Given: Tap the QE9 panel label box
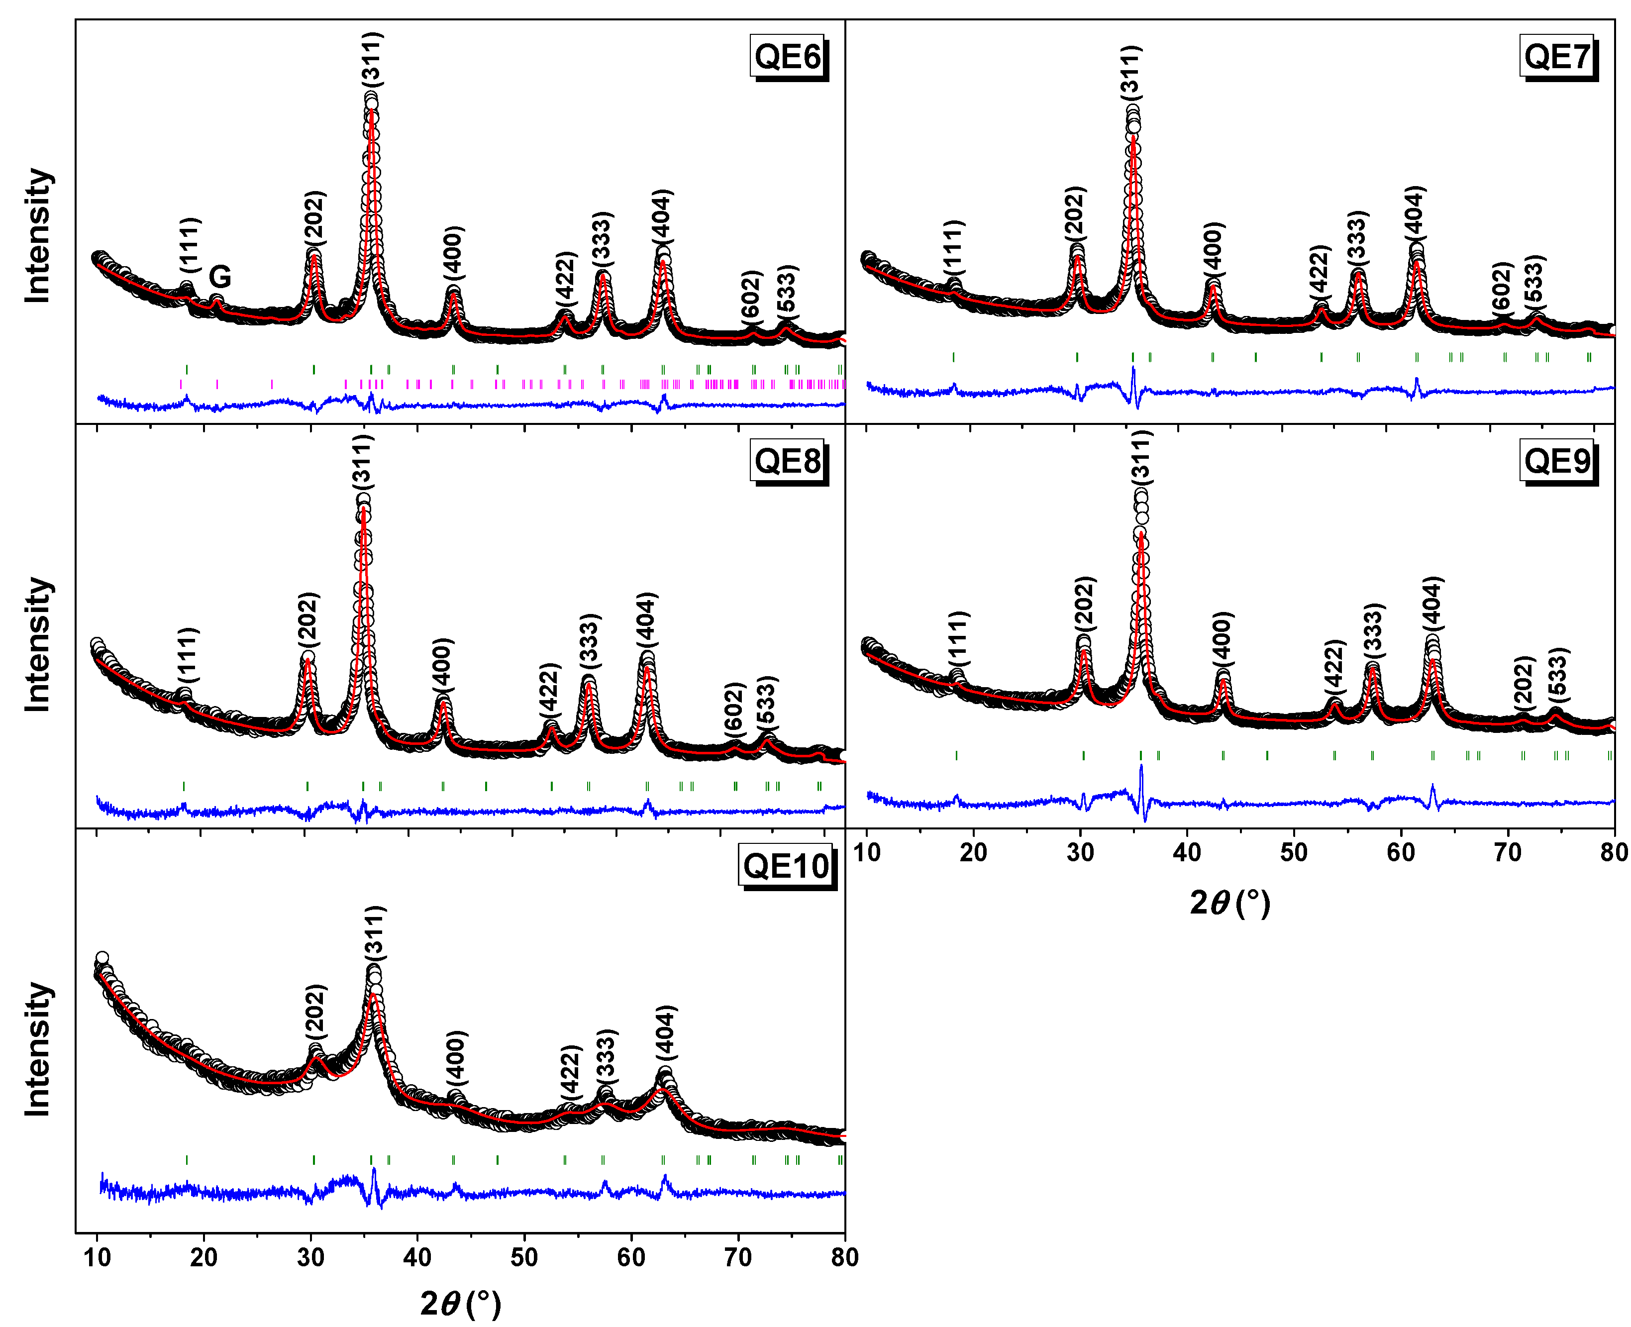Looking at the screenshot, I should point(1557,461).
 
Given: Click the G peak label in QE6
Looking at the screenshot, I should point(219,277).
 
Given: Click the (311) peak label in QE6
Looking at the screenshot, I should point(372,59).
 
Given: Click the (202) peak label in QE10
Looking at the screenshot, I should point(315,1010).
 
